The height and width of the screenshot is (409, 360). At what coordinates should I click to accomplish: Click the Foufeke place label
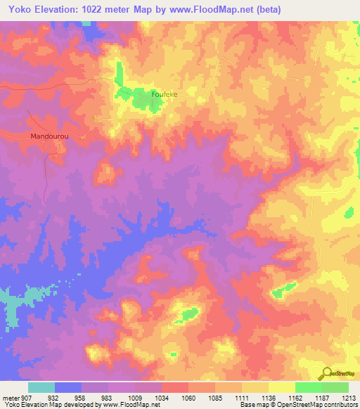167,93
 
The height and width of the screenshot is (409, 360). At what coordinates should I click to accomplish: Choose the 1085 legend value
217,397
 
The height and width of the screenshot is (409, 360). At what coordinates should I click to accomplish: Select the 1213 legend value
349,397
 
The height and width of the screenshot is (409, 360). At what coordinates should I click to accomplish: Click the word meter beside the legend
9,397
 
